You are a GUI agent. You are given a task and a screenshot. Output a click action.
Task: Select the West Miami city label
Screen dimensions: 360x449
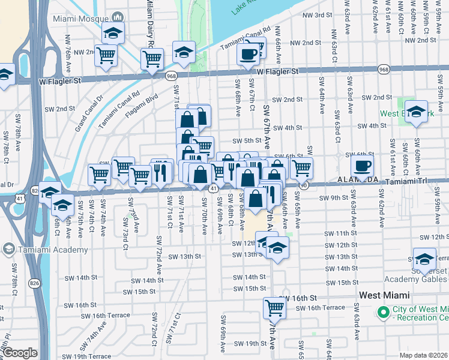[x=384, y=295]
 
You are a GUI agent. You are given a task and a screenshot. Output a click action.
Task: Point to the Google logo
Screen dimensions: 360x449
[x=20, y=353]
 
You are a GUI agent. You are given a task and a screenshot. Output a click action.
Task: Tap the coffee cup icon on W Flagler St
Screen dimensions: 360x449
[x=249, y=55]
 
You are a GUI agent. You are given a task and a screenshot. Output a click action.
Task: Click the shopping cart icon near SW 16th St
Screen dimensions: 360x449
[x=274, y=308]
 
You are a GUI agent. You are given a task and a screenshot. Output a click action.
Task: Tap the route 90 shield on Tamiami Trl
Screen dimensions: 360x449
[x=304, y=187]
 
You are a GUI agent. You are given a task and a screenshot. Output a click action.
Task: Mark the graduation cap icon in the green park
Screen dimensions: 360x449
[x=416, y=113]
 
